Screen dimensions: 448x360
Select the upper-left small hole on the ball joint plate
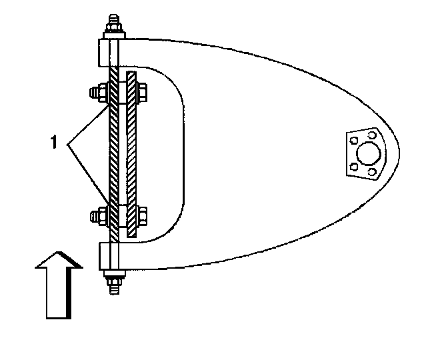(355, 140)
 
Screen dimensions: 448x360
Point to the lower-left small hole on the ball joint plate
(353, 167)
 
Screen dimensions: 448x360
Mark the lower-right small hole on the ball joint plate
(371, 172)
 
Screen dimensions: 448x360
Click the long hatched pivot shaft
(114, 153)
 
